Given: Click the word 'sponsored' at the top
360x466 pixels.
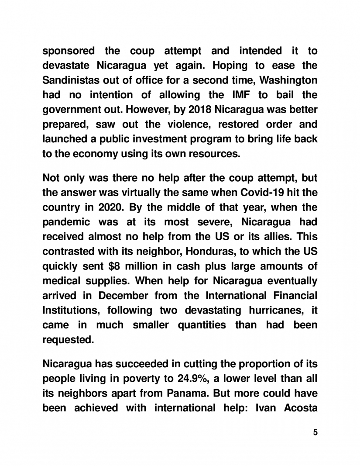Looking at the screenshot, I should point(68,51).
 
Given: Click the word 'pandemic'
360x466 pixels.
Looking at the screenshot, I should point(65,222).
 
